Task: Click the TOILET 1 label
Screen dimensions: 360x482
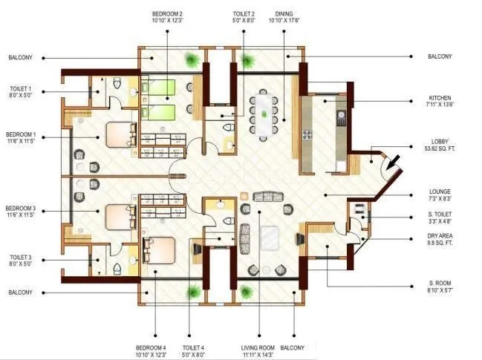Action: click(x=21, y=91)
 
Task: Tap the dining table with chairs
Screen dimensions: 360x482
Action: click(x=264, y=115)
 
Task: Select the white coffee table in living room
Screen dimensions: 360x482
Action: click(x=268, y=238)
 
